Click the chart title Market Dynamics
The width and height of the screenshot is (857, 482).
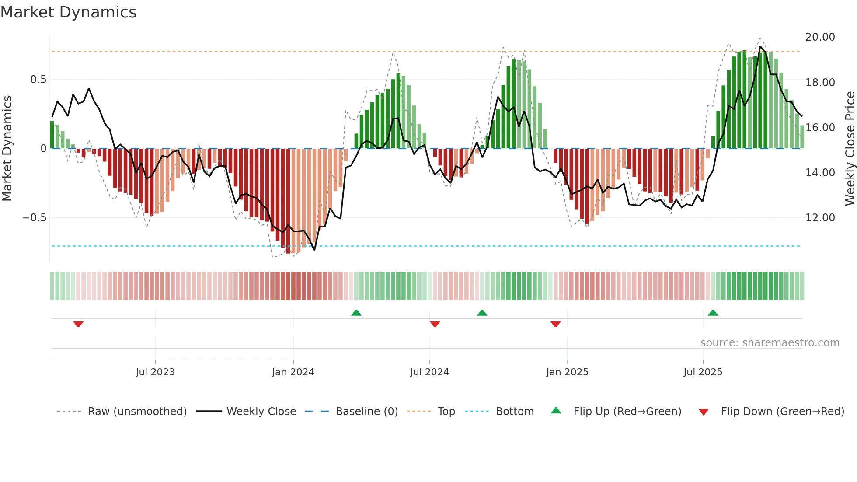[x=69, y=12]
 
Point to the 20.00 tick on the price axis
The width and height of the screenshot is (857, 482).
[x=820, y=37]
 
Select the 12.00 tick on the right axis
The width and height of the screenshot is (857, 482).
[x=820, y=218]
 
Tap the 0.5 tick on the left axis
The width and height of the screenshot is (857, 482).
[x=38, y=80]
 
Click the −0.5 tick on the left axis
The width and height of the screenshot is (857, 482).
[x=35, y=218]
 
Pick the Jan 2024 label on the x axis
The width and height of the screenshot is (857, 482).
[x=293, y=372]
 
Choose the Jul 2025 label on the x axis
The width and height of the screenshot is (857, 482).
[x=703, y=372]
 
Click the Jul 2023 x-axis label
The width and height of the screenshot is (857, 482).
[x=155, y=372]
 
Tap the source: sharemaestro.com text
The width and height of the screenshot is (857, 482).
[x=770, y=343]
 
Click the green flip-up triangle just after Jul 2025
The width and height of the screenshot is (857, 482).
[x=713, y=313]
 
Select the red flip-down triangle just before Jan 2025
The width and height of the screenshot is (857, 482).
[x=555, y=324]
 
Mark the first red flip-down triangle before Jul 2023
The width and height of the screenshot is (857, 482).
[x=78, y=324]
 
